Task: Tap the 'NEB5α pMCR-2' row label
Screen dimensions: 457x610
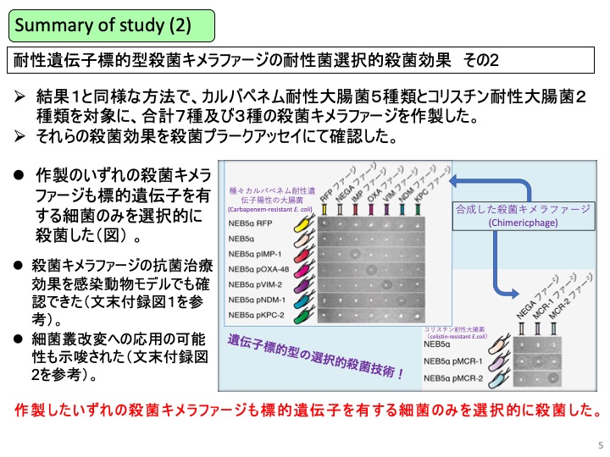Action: coord(459,378)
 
